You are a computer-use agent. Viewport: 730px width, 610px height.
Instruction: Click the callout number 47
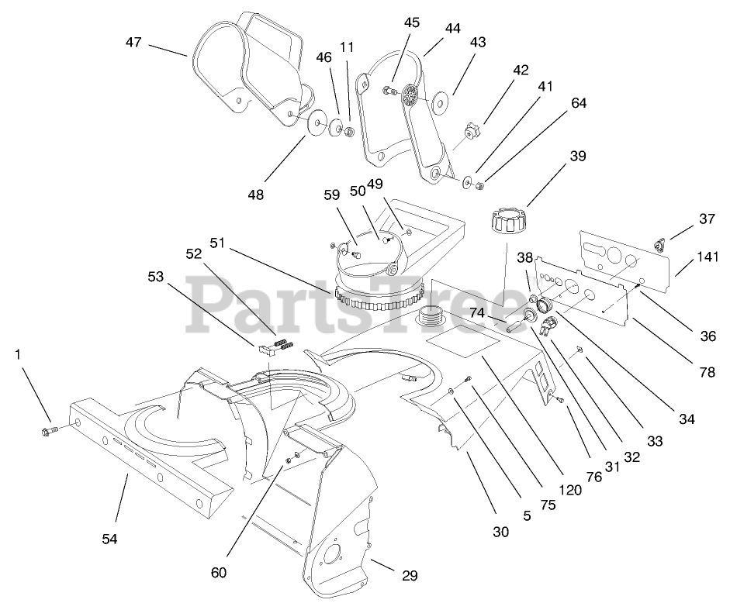coord(133,43)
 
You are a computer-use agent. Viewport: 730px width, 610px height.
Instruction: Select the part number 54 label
coord(109,539)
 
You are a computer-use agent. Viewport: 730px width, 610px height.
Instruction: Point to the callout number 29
coord(410,575)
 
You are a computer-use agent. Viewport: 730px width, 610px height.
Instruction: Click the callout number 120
coord(571,490)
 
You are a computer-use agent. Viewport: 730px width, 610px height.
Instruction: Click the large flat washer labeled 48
coord(318,124)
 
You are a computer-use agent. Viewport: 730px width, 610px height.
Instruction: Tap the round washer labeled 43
coord(445,103)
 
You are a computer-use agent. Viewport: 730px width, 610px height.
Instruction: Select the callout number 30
coord(501,532)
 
